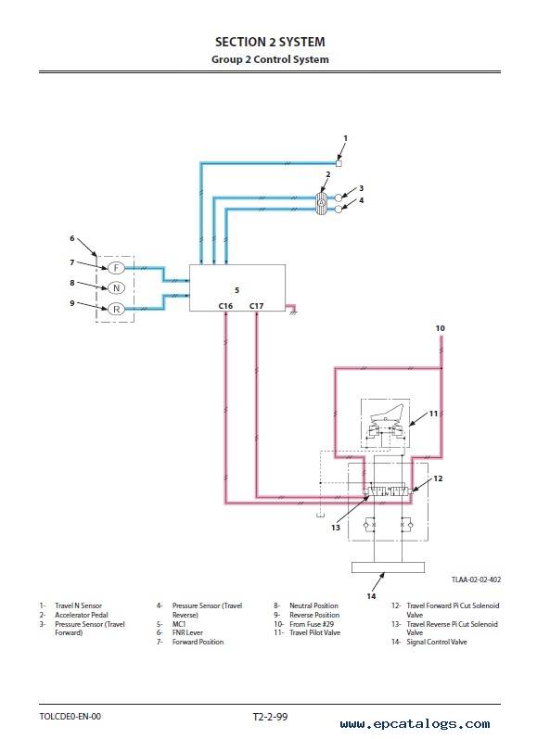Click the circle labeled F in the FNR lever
[x=116, y=268]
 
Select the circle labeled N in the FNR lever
[x=116, y=288]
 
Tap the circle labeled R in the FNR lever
[x=116, y=309]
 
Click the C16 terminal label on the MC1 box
[x=225, y=306]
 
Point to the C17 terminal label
[x=257, y=306]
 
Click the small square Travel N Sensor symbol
[x=339, y=163]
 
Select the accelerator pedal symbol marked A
[x=322, y=203]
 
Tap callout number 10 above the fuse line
[x=440, y=328]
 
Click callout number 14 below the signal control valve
[x=372, y=596]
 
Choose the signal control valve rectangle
[x=388, y=567]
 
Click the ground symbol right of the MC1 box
[x=293, y=312]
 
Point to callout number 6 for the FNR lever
[x=72, y=238]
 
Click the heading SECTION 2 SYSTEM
[x=270, y=42]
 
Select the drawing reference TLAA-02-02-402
[x=476, y=580]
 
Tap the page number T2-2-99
[x=270, y=717]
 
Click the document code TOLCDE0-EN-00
[x=70, y=717]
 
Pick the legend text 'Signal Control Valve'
[x=437, y=642]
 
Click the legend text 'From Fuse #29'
[x=312, y=623]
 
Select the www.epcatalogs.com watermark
[x=415, y=724]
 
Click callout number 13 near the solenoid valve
[x=335, y=528]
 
